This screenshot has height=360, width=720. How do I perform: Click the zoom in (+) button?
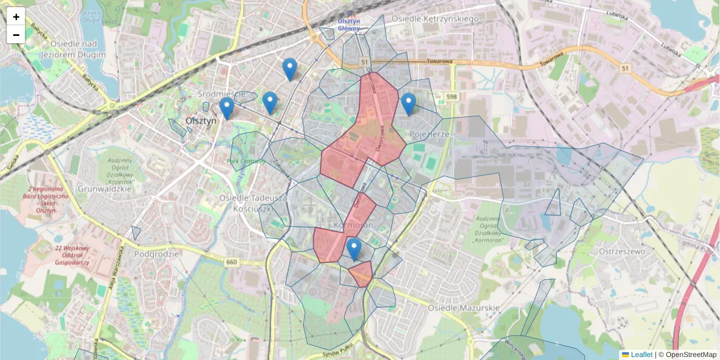click(x=16, y=17)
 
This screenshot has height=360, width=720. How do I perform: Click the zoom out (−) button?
click(x=16, y=35)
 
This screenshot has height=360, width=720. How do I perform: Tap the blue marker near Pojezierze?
click(x=409, y=104)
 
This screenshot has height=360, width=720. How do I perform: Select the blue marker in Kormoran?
click(x=354, y=248)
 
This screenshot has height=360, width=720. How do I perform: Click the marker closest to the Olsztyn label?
click(x=226, y=109)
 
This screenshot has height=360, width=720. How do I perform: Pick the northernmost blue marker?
click(x=290, y=69)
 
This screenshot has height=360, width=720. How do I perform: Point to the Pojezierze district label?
click(x=428, y=134)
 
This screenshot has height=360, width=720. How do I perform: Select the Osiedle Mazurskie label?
click(x=464, y=307)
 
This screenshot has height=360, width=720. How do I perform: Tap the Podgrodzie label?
click(x=157, y=254)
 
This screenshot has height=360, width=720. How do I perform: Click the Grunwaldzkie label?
click(x=104, y=188)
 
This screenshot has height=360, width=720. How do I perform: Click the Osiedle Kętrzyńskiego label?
click(x=435, y=19)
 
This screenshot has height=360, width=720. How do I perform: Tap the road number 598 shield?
click(x=451, y=97)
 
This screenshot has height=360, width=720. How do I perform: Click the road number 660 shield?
click(x=232, y=262)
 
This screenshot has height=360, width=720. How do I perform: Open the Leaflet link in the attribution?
click(x=641, y=355)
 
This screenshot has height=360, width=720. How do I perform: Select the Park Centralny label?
click(x=246, y=161)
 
